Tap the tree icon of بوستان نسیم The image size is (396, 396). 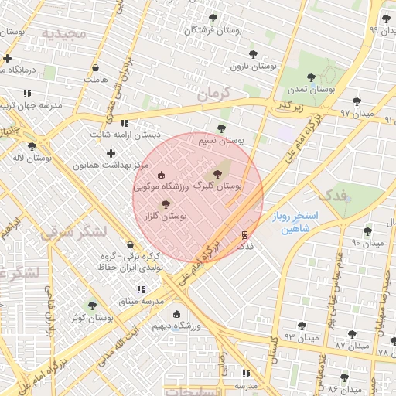point(222,128)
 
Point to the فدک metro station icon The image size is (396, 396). point(245,234)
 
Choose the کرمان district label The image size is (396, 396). point(213,94)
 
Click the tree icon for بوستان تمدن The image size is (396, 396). point(311,77)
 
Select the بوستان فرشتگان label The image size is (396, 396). point(213,30)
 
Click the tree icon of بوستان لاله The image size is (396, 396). point(32,145)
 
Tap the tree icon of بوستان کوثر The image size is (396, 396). point(93,306)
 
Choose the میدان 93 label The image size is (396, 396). point(301,338)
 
